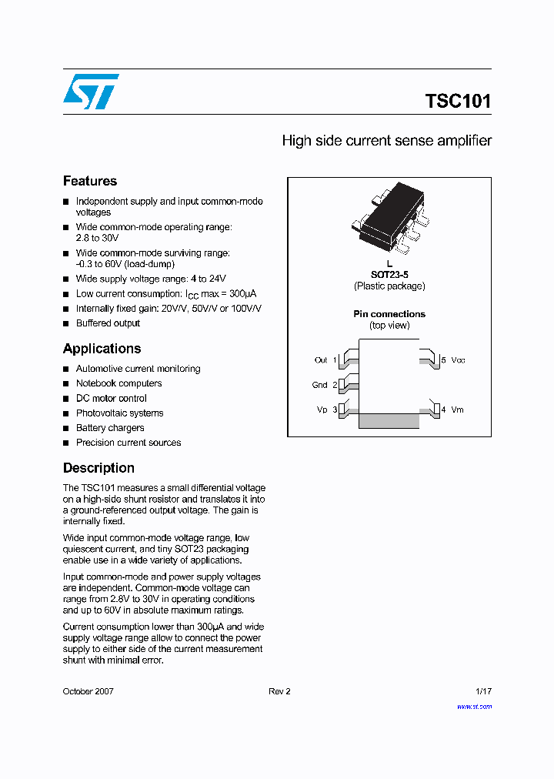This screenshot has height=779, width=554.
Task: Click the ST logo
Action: [x=91, y=92]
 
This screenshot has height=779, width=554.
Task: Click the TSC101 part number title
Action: [x=458, y=102]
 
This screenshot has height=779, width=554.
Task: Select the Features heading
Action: [x=90, y=181]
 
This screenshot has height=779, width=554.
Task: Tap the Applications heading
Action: [x=102, y=348]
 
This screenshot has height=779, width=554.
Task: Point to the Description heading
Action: [x=98, y=468]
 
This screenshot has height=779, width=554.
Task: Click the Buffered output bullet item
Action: [x=108, y=323]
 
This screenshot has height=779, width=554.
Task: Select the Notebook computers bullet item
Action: [x=118, y=383]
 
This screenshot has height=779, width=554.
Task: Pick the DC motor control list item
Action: [x=111, y=398]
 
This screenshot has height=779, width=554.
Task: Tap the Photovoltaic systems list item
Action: [x=119, y=413]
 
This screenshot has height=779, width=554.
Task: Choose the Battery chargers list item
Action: [x=110, y=428]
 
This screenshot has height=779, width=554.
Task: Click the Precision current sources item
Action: [x=128, y=443]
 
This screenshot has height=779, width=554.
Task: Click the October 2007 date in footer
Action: [x=88, y=691]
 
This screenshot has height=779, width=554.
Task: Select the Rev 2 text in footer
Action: [x=279, y=691]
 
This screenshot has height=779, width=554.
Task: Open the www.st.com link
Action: [x=474, y=706]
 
